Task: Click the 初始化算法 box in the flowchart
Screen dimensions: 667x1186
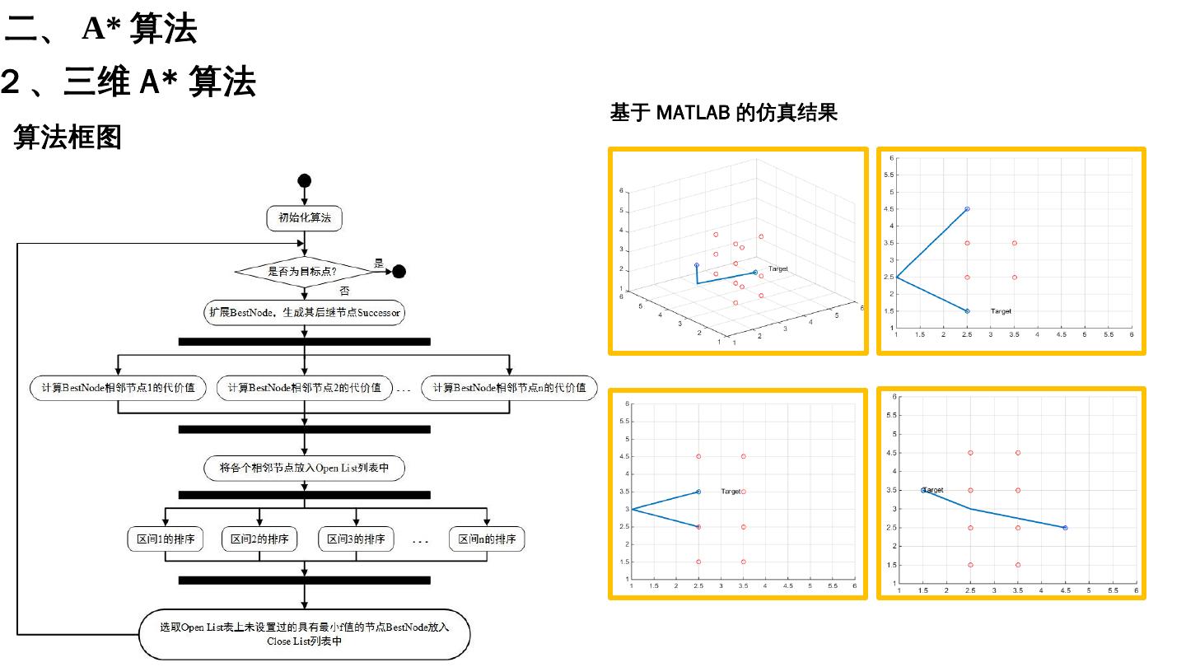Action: [x=305, y=218]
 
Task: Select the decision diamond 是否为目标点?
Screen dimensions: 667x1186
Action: [x=304, y=271]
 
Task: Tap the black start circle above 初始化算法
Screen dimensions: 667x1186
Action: [x=305, y=181]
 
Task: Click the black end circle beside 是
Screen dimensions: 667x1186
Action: [x=399, y=271]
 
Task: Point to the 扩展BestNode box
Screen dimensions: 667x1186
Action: [x=305, y=313]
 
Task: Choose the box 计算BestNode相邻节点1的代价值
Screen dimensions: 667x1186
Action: [x=118, y=388]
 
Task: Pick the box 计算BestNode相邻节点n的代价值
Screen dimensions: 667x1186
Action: [x=509, y=388]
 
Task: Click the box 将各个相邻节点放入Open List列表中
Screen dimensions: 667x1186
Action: [x=305, y=469]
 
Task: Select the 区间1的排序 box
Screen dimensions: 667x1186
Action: [x=166, y=539]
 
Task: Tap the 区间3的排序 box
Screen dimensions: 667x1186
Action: [x=356, y=539]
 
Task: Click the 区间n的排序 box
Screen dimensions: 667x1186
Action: [x=487, y=539]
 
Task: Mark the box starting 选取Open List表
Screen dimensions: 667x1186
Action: [x=305, y=634]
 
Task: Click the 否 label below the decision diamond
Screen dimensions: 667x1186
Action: [x=345, y=291]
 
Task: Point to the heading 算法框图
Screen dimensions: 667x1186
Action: [x=68, y=138]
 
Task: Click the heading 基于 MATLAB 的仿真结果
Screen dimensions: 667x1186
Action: [x=723, y=113]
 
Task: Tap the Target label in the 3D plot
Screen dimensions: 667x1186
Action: [x=777, y=269]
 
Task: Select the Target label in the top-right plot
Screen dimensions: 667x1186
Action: [x=1001, y=311]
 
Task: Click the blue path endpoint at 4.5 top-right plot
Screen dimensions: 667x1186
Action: [x=967, y=209]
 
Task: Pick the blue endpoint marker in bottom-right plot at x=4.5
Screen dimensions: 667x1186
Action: [x=1065, y=528]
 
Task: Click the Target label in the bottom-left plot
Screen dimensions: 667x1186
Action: [x=731, y=492]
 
